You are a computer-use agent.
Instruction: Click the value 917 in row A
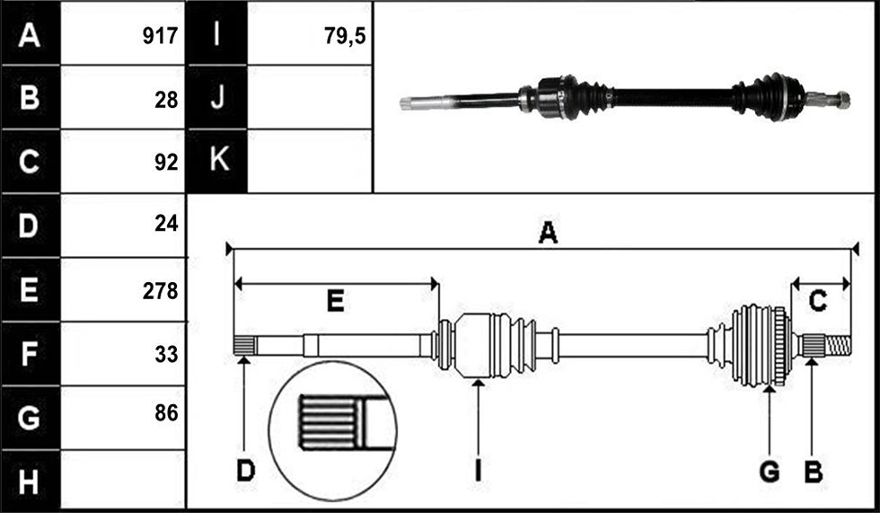[160, 36]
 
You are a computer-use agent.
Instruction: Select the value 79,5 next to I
[345, 36]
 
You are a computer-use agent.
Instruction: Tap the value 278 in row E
[160, 291]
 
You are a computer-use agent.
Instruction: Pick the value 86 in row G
[166, 413]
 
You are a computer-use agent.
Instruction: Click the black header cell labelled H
[31, 482]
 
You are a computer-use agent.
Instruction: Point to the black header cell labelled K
[217, 161]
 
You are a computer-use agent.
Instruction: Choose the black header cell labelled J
[217, 97]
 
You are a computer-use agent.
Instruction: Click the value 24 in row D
[166, 224]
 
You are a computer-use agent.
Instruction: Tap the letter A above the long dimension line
[548, 232]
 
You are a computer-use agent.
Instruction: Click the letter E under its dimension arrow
[335, 301]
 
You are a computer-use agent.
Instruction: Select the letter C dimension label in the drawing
[818, 301]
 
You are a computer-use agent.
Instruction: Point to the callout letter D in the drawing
[246, 471]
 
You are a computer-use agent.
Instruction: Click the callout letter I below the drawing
[478, 471]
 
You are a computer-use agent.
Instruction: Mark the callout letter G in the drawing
[770, 471]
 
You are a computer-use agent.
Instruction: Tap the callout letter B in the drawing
[814, 471]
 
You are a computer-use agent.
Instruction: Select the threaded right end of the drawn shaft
[839, 345]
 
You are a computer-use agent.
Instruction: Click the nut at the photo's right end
[842, 100]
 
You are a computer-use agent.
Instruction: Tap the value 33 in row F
[166, 354]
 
